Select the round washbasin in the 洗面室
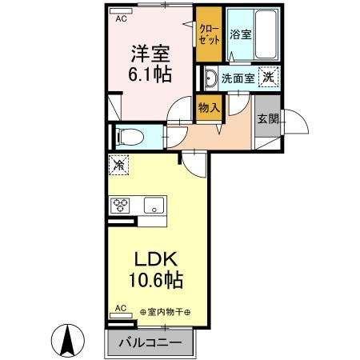tap(210, 78)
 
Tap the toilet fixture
tap(130, 136)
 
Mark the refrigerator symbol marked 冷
tap(118, 166)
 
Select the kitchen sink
tap(153, 205)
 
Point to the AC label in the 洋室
tap(122, 17)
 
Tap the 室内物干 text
tap(163, 311)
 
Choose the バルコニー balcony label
tap(150, 344)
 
